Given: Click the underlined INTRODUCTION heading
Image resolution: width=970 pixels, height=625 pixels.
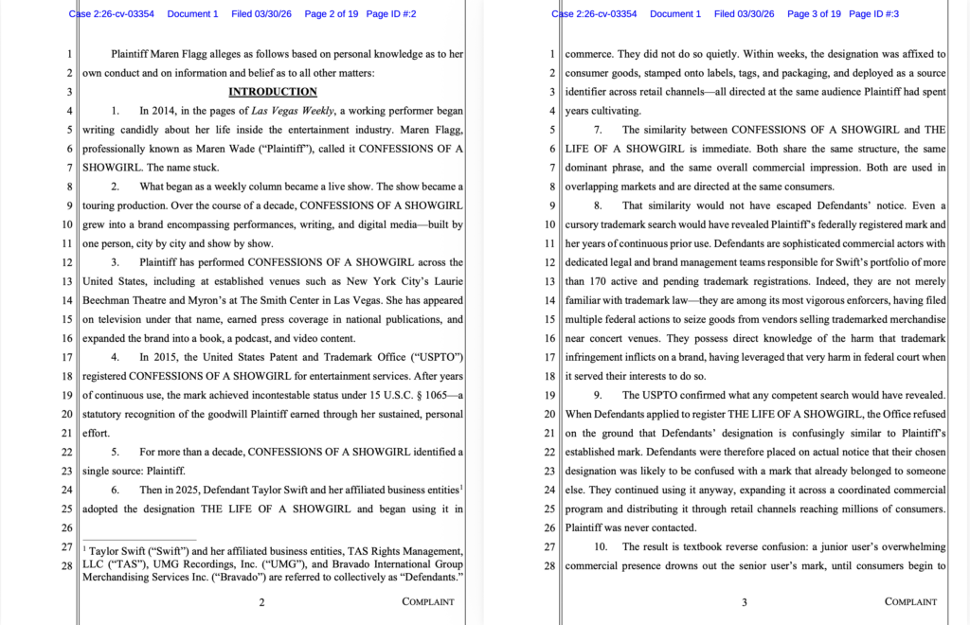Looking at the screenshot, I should click(x=273, y=92).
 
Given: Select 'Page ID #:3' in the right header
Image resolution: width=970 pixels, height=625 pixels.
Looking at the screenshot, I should click(x=873, y=14).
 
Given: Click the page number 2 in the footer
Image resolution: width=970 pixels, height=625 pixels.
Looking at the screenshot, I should click(x=261, y=601).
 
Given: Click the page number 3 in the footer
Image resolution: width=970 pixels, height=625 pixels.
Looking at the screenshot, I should click(x=745, y=601).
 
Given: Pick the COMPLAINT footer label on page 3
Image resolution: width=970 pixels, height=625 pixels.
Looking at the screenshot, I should click(x=910, y=601).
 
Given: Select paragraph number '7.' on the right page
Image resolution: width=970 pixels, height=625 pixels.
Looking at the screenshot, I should click(x=598, y=130).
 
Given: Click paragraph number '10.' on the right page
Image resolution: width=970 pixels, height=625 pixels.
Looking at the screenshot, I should click(x=601, y=546).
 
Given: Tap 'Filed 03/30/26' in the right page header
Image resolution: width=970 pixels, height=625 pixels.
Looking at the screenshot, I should click(x=744, y=14).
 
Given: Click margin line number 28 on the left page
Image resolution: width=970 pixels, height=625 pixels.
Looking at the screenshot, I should click(x=67, y=565).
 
